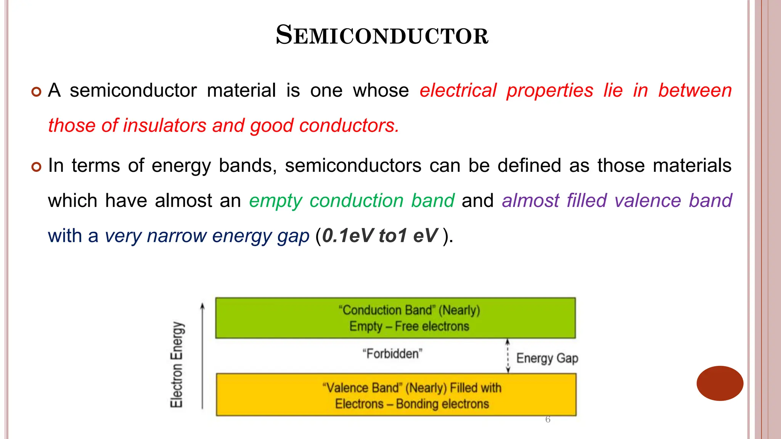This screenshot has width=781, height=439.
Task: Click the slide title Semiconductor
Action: [382, 35]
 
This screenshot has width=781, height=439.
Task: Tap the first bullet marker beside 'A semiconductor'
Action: [36, 92]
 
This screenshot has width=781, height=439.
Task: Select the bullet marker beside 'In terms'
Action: [36, 167]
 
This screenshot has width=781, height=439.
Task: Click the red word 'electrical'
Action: [458, 91]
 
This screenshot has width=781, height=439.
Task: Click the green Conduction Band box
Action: [395, 318]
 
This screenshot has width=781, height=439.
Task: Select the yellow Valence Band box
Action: [396, 395]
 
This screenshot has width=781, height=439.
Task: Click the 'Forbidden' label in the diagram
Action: [392, 354]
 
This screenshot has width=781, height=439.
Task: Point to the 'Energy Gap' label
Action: [547, 359]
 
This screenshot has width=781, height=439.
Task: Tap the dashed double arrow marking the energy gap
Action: [508, 356]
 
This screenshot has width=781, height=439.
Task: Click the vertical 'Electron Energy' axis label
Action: [177, 364]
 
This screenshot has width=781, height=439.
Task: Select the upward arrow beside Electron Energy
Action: [202, 356]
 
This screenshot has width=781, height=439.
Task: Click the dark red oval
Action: [720, 383]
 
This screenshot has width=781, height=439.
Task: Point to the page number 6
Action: [548, 420]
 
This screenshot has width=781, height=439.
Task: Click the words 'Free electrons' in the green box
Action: [432, 327]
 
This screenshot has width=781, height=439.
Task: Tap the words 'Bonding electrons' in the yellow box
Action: [442, 404]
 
